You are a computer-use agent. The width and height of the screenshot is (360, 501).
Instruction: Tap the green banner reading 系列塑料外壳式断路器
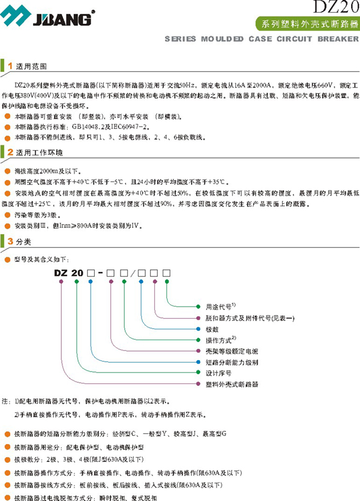point(307,25)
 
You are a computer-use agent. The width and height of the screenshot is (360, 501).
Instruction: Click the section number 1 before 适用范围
point(10,64)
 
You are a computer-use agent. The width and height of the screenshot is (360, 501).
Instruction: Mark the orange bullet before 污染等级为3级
point(7,215)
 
